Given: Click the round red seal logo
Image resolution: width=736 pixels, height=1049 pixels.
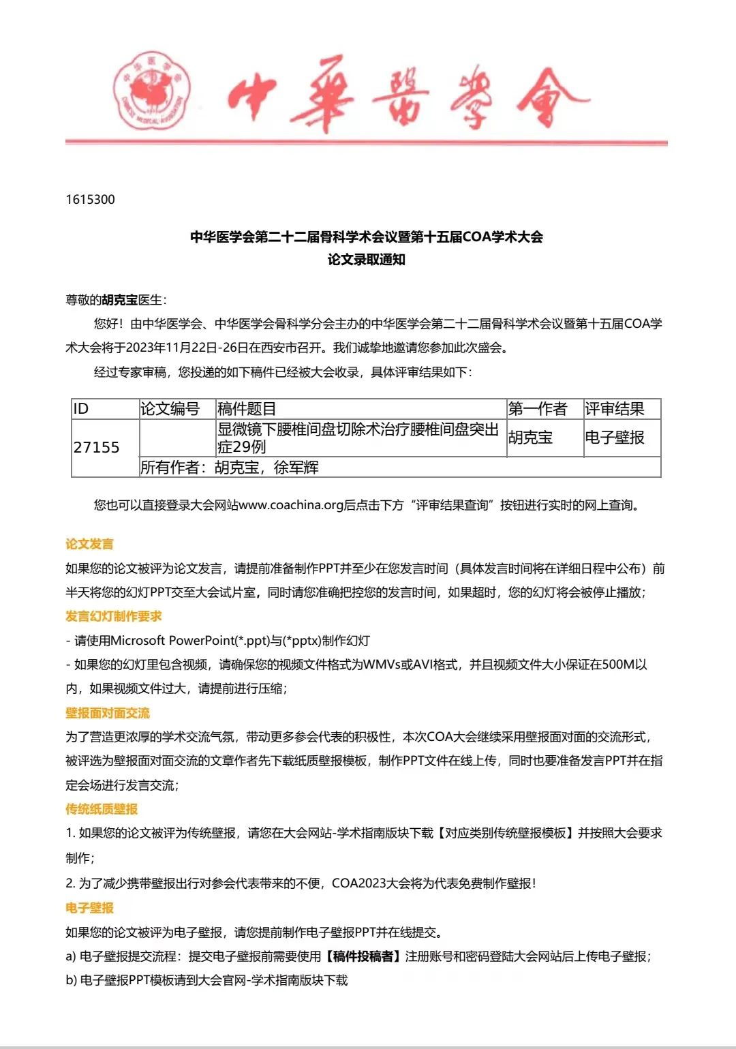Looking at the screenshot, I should (x=152, y=91).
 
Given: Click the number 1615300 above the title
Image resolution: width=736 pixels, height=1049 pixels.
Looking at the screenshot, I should (x=91, y=200).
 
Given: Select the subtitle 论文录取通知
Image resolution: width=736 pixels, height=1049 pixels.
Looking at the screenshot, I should (x=366, y=260).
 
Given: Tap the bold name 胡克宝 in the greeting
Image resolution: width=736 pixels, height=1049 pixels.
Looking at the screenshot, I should (x=120, y=300).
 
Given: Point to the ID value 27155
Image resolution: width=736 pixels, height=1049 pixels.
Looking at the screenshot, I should (x=96, y=447).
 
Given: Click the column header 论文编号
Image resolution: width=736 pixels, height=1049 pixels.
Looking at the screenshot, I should (x=170, y=409).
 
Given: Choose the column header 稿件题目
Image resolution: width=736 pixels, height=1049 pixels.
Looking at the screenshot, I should (x=246, y=409).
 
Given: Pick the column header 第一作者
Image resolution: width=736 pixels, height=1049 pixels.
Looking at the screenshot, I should (x=538, y=409).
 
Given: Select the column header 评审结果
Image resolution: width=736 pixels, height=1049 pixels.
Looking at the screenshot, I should (x=614, y=409).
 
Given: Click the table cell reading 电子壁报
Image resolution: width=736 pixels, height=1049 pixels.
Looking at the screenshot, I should (x=614, y=438).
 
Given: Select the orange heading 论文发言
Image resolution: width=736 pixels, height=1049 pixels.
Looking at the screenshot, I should (x=89, y=544).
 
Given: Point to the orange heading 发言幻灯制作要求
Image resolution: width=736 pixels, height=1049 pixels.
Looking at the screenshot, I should (x=114, y=616).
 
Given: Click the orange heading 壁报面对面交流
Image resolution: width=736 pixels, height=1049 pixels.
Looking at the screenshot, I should (x=108, y=713).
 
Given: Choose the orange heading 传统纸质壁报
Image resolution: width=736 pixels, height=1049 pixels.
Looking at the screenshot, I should (x=102, y=809).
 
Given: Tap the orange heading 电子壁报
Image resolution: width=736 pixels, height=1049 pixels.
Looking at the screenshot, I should (x=89, y=908).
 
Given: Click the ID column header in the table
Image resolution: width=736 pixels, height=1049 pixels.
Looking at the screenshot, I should (x=81, y=409).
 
